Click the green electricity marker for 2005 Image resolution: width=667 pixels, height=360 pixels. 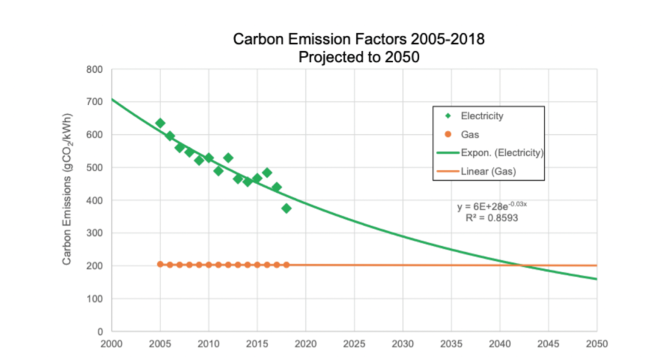point(160,123)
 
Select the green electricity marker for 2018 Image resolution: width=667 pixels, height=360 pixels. point(286,208)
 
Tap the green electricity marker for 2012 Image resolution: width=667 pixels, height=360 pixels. point(228,158)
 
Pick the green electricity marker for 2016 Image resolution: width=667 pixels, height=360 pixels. point(267,173)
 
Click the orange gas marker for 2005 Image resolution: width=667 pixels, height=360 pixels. point(160,264)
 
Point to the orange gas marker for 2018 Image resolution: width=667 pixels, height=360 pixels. point(286,265)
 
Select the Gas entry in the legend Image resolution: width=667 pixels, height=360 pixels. point(470,135)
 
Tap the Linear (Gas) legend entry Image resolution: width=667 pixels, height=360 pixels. point(488,172)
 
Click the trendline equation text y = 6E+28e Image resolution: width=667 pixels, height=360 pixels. point(496,206)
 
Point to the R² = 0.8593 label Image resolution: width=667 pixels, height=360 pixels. point(492,218)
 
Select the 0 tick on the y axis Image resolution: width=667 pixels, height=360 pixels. point(99,332)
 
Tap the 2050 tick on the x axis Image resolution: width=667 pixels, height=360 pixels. point(597,344)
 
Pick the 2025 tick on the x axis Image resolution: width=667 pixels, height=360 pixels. point(354,344)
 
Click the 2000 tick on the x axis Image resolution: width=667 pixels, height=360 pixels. point(111,344)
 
